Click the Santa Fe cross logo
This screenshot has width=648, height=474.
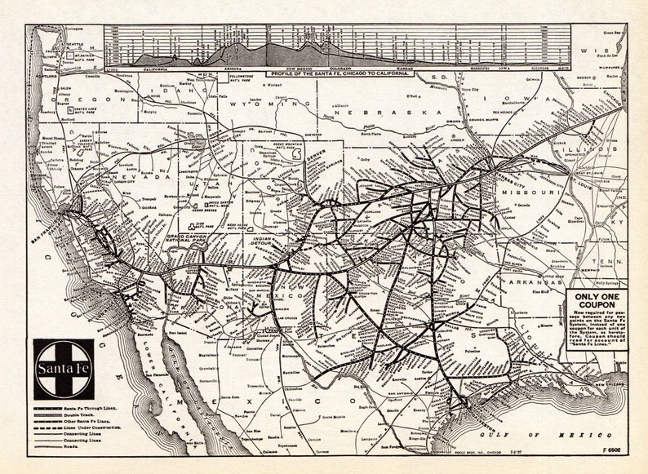click(x=63, y=369)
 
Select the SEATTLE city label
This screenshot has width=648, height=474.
click(x=75, y=44)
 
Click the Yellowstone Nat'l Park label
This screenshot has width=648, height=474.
click(x=219, y=79)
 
